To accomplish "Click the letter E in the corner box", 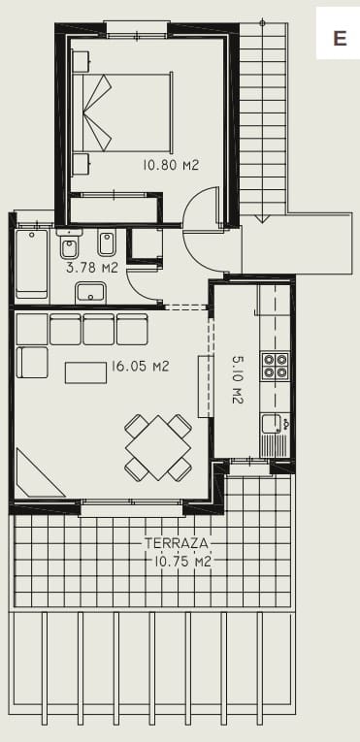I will (x=340, y=39).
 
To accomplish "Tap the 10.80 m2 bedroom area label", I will (x=171, y=166).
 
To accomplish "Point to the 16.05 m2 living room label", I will (x=141, y=367).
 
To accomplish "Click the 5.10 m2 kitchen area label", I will (x=238, y=379).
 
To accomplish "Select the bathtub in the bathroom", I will (x=32, y=261).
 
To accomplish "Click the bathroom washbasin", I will (x=91, y=292).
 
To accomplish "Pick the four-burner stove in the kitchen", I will (x=276, y=366).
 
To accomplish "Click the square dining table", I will (x=157, y=448).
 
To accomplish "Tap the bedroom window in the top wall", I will (x=137, y=35).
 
